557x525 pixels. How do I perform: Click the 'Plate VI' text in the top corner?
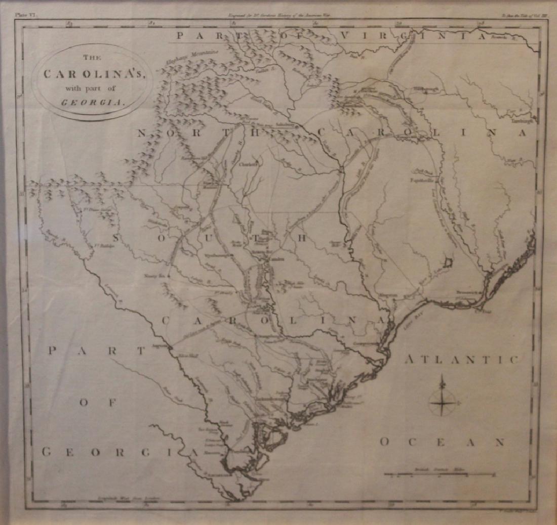pyautogui.click(x=23, y=16)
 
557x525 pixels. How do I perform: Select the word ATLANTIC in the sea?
pyautogui.click(x=461, y=360)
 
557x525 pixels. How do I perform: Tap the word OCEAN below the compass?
pyautogui.click(x=442, y=442)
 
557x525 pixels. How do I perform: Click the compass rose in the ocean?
pyautogui.click(x=443, y=403)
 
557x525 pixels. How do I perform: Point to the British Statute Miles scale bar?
pyautogui.click(x=439, y=474)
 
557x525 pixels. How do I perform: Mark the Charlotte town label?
pyautogui.click(x=249, y=164)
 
